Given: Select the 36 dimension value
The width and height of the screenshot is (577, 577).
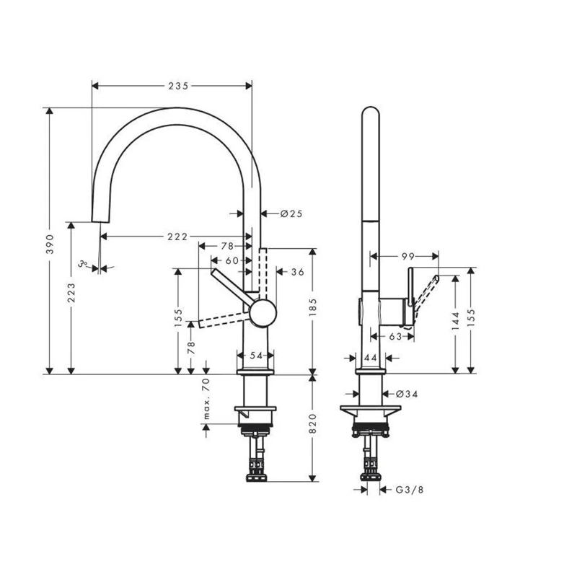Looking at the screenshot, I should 297,272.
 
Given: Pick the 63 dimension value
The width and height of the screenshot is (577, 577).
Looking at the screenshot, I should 394,336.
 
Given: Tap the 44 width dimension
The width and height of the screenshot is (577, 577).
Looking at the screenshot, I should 371,358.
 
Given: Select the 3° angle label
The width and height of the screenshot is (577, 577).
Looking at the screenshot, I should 84,264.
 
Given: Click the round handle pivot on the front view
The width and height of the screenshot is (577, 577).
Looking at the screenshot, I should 262,314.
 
